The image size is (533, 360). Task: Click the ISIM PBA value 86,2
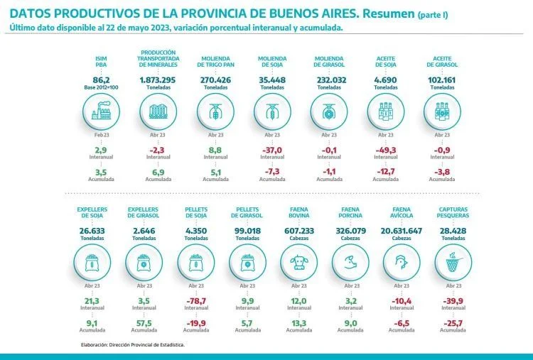[x=101, y=81]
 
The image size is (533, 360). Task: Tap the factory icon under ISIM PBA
[x=101, y=111]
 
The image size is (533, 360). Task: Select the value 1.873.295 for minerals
[x=158, y=81]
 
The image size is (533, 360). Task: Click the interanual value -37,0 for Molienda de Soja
[x=272, y=150]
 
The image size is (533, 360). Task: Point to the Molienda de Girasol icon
[x=328, y=111]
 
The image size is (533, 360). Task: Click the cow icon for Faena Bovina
[x=298, y=263]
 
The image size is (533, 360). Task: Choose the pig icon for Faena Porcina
[x=350, y=263]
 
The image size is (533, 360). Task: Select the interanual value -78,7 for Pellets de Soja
[x=195, y=301]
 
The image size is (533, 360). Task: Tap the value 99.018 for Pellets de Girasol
[x=247, y=231]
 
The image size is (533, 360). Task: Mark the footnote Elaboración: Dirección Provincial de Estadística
[x=133, y=344]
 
